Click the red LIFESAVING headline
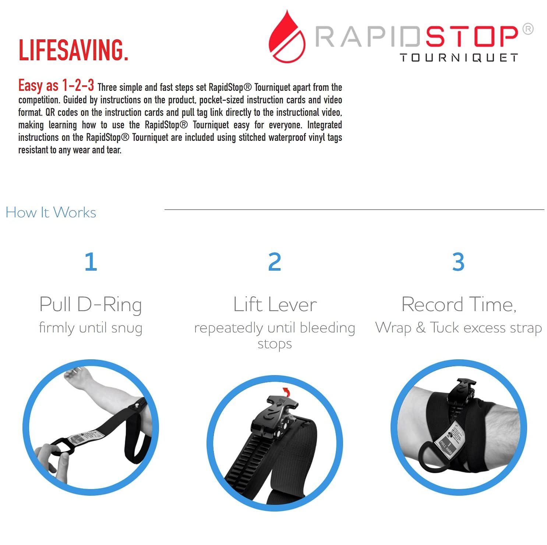pos(73,50)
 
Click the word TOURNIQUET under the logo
pos(459,58)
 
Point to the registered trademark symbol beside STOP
pos(528,29)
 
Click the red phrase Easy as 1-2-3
pos(56,86)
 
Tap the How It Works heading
pos(51,213)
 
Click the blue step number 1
pos(91,262)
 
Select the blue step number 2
pos(275,262)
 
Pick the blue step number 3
pos(458,262)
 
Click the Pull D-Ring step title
pos(91,305)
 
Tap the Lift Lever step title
pos(275,305)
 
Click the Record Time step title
pos(459,305)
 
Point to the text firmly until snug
pos(91,328)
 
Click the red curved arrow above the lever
pos(286,392)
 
